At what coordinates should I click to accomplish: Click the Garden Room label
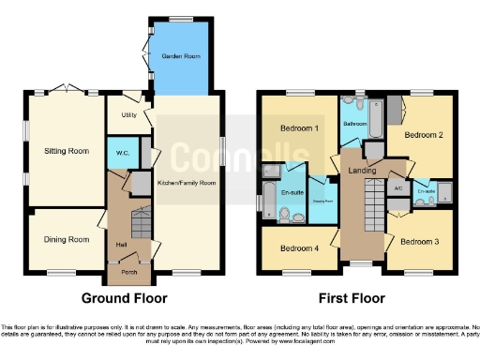pyautogui.click(x=181, y=56)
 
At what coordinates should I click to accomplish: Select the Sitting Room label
pyautogui.click(x=66, y=150)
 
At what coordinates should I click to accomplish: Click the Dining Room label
pyautogui.click(x=67, y=239)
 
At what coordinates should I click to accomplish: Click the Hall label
pyautogui.click(x=122, y=246)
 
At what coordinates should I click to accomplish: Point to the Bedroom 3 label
pyautogui.click(x=419, y=241)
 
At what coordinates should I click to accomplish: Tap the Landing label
pyautogui.click(x=361, y=172)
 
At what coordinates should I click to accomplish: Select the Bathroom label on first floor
pyautogui.click(x=354, y=124)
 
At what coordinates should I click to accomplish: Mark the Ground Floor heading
pyautogui.click(x=125, y=299)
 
